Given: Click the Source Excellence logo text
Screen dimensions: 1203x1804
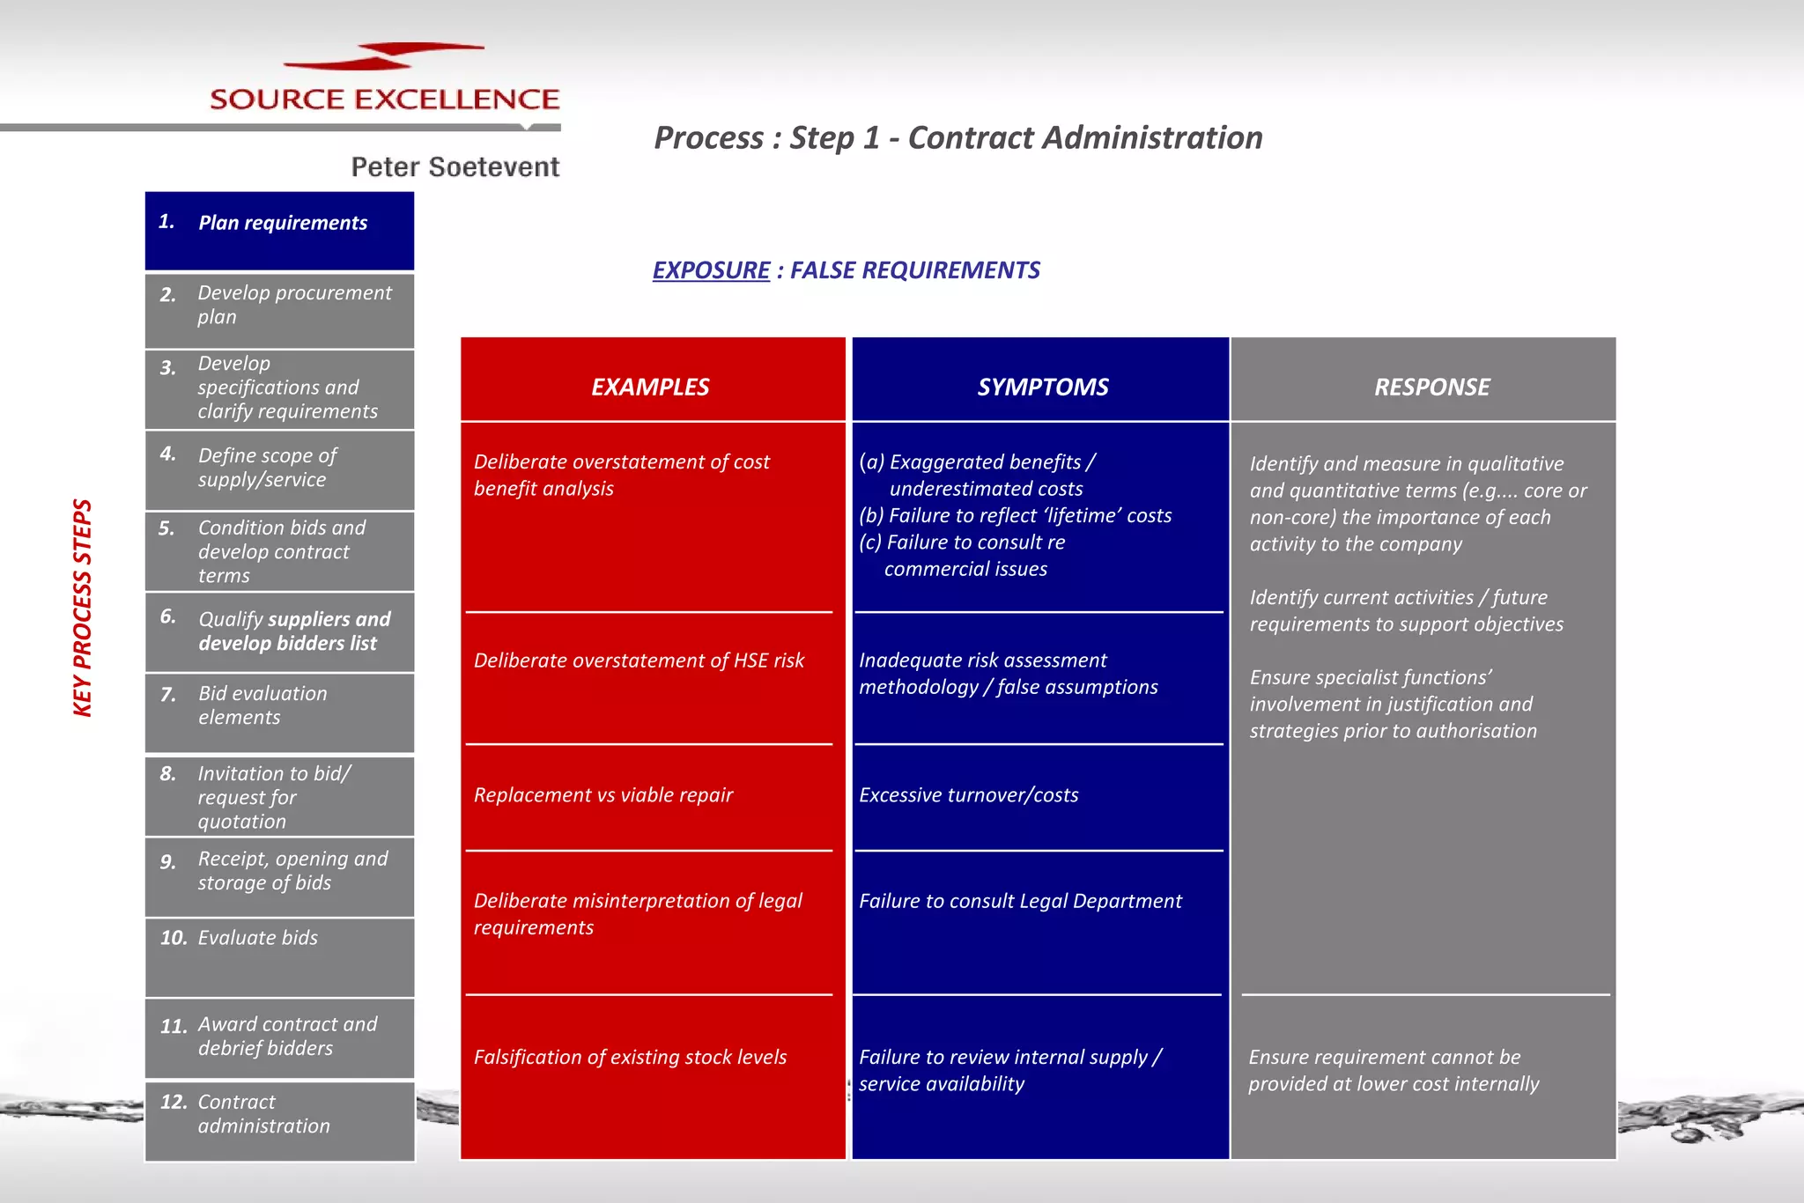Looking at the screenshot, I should (x=384, y=99).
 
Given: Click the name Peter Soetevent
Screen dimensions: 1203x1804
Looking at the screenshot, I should (x=455, y=166).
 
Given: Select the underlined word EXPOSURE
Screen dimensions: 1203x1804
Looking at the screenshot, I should (x=711, y=269).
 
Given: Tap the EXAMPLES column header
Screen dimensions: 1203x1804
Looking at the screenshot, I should (x=650, y=387).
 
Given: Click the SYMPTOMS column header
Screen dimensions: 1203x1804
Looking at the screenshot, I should (x=1042, y=387).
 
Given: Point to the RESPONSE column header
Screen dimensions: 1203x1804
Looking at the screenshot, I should (x=1431, y=387).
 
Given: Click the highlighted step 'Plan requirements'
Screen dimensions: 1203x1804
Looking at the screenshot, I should (x=282, y=223).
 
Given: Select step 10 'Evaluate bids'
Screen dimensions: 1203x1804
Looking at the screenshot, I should (x=257, y=938).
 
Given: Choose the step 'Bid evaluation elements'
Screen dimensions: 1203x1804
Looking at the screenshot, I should (x=262, y=705).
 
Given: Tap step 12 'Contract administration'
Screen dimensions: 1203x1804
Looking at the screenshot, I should (x=263, y=1114).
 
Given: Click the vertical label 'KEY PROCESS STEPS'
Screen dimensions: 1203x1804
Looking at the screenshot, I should (x=82, y=608).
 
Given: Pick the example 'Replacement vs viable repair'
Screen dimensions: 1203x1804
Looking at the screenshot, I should (x=603, y=795).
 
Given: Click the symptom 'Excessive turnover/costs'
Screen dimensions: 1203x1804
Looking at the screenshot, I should (x=968, y=795).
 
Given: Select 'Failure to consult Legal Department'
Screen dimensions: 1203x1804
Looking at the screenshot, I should (x=1020, y=901).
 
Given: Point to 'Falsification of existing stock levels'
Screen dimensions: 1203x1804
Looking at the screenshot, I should (x=630, y=1057).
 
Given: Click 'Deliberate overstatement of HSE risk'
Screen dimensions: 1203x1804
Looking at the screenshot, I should (x=639, y=661).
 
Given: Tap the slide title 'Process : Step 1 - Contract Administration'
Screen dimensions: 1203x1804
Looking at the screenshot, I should (x=957, y=137).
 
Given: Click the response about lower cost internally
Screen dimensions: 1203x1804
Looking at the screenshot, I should (x=1393, y=1070).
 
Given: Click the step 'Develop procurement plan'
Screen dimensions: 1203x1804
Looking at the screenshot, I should (x=293, y=305).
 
